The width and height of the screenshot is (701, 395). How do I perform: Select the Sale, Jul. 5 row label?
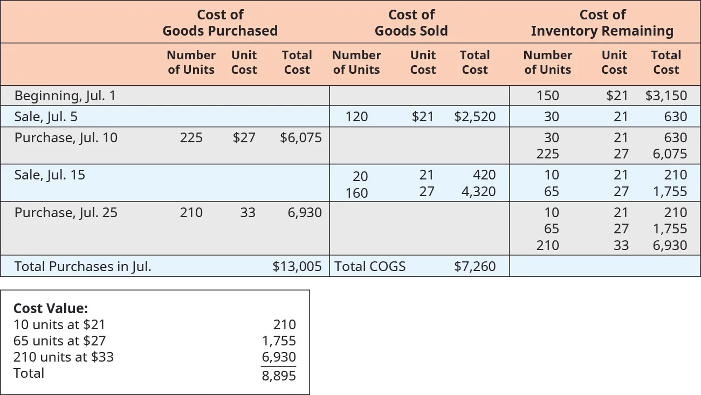pos(50,116)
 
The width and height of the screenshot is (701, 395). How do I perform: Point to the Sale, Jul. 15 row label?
pos(50,175)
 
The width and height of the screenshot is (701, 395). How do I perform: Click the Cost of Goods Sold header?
pos(411,23)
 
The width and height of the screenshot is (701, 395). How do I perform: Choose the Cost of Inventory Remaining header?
pos(602,23)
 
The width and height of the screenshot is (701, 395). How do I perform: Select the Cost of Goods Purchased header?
pos(220,23)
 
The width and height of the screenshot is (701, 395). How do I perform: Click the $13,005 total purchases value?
pos(297,266)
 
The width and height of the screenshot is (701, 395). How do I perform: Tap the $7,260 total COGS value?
pos(475,266)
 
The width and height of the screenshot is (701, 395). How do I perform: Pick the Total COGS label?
pos(370,266)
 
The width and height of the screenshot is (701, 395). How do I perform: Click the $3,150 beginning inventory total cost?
pos(666,96)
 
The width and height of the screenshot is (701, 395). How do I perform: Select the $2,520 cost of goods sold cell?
pos(475,116)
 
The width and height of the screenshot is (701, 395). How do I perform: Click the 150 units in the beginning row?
pos(548,96)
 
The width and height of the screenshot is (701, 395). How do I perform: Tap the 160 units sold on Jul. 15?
pos(356,192)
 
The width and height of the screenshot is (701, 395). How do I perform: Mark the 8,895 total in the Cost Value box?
pos(279,376)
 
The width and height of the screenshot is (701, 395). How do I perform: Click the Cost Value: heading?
pos(50,308)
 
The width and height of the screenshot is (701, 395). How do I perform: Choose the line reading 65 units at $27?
pos(59,341)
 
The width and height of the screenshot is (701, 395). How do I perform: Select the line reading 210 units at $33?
pos(64,357)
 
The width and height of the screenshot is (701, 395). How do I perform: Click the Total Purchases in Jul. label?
pos(83,266)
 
